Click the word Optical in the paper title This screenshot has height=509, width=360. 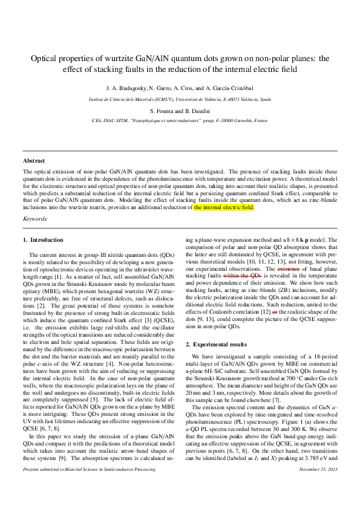[47, 59]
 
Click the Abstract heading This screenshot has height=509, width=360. [34, 161]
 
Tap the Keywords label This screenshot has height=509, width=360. [35, 218]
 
